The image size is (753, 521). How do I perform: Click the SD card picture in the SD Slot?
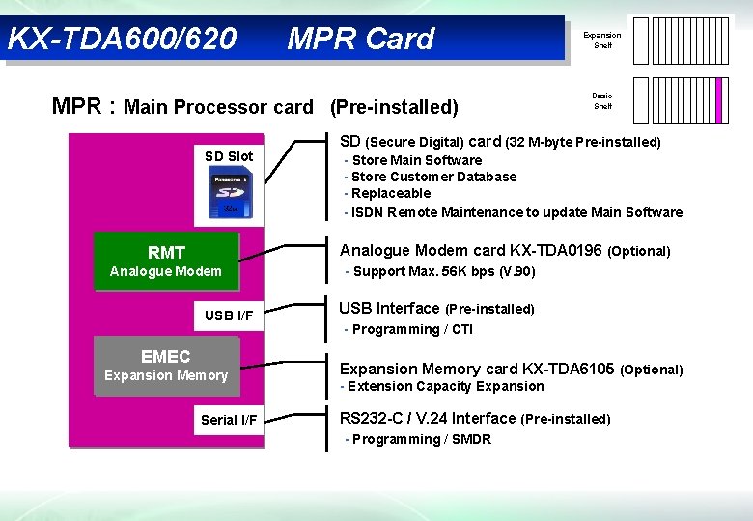pyautogui.click(x=230, y=194)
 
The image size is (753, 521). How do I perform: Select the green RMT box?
pyautogui.click(x=165, y=261)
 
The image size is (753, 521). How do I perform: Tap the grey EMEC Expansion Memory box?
pyautogui.click(x=165, y=366)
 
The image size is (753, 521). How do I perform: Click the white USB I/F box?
pyautogui.click(x=229, y=315)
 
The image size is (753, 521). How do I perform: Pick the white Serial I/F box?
pyautogui.click(x=229, y=420)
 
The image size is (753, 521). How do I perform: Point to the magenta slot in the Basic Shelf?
pyautogui.click(x=719, y=100)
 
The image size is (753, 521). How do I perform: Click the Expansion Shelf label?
pyautogui.click(x=602, y=40)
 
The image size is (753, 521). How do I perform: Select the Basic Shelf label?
pyautogui.click(x=602, y=100)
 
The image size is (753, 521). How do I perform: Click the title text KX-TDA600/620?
pyautogui.click(x=122, y=40)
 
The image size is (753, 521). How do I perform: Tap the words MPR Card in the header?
pyautogui.click(x=361, y=40)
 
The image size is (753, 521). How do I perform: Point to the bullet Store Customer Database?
pyautogui.click(x=433, y=177)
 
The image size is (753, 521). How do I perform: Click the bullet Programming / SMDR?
pyautogui.click(x=421, y=439)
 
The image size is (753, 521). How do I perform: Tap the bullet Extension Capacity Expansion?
pyautogui.click(x=445, y=386)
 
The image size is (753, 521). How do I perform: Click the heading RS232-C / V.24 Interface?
pyautogui.click(x=428, y=418)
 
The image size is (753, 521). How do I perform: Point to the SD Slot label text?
pyautogui.click(x=229, y=156)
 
